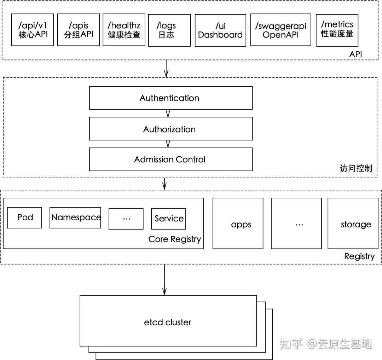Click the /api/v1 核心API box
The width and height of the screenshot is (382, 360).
(32, 30)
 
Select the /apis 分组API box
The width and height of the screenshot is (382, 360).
(78, 30)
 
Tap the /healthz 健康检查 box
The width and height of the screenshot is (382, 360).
(124, 30)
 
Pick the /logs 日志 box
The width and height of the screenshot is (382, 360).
(169, 30)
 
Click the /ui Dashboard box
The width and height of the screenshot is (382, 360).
(220, 30)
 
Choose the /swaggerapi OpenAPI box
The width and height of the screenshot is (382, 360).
(280, 30)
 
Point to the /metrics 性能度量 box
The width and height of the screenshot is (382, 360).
(337, 30)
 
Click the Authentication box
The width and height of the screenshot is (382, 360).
(170, 98)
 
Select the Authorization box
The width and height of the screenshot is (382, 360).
(170, 129)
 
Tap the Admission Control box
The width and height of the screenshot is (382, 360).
(170, 159)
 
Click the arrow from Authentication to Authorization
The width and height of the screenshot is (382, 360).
(168, 114)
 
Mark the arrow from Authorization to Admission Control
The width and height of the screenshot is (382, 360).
(168, 144)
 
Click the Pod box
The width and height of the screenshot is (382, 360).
(25, 217)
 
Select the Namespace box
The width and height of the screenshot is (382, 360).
(75, 217)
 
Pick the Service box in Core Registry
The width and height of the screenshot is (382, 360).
(169, 219)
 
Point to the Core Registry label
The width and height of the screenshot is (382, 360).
(174, 239)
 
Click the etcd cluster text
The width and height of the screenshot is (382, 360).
(168, 322)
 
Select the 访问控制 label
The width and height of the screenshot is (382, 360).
(355, 168)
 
